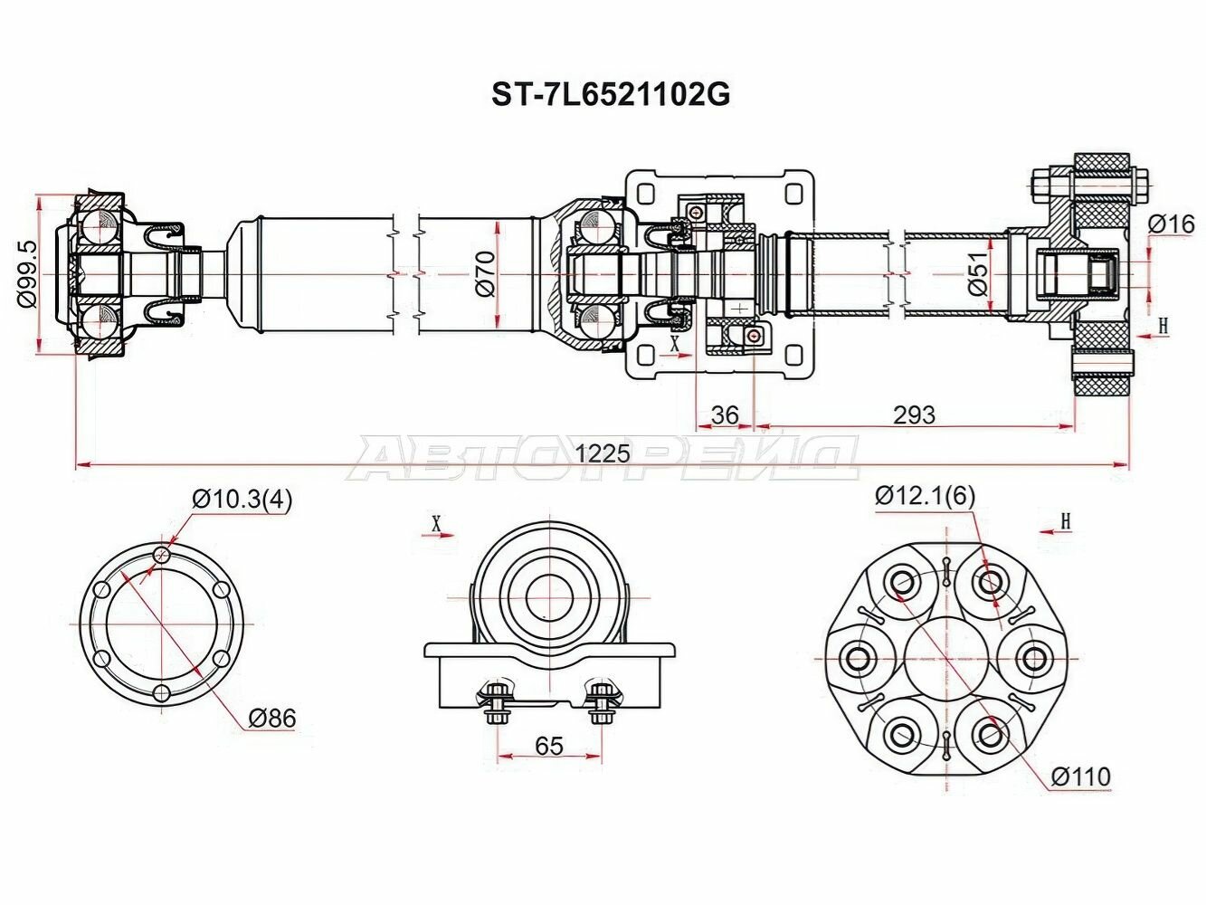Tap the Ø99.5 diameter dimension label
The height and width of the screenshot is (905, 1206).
pos(27,274)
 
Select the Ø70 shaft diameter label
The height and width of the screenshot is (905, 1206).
pos(484,273)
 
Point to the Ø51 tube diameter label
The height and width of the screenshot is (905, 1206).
pos(977,274)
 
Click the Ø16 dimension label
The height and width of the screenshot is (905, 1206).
pos(1171,224)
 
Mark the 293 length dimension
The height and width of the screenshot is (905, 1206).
pos(914,414)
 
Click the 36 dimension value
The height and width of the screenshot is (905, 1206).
pos(725,414)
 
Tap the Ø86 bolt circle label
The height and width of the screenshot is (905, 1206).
pos(271,719)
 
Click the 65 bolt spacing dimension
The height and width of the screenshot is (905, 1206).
pos(549,746)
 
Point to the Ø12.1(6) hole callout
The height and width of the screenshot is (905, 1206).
pos(925,495)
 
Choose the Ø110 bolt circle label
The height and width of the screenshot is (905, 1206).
pos(1080,776)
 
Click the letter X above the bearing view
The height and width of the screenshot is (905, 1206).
pos(437,522)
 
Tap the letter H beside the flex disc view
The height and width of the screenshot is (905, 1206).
pos(1065,520)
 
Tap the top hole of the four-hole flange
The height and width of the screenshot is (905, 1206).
pos(162,555)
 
